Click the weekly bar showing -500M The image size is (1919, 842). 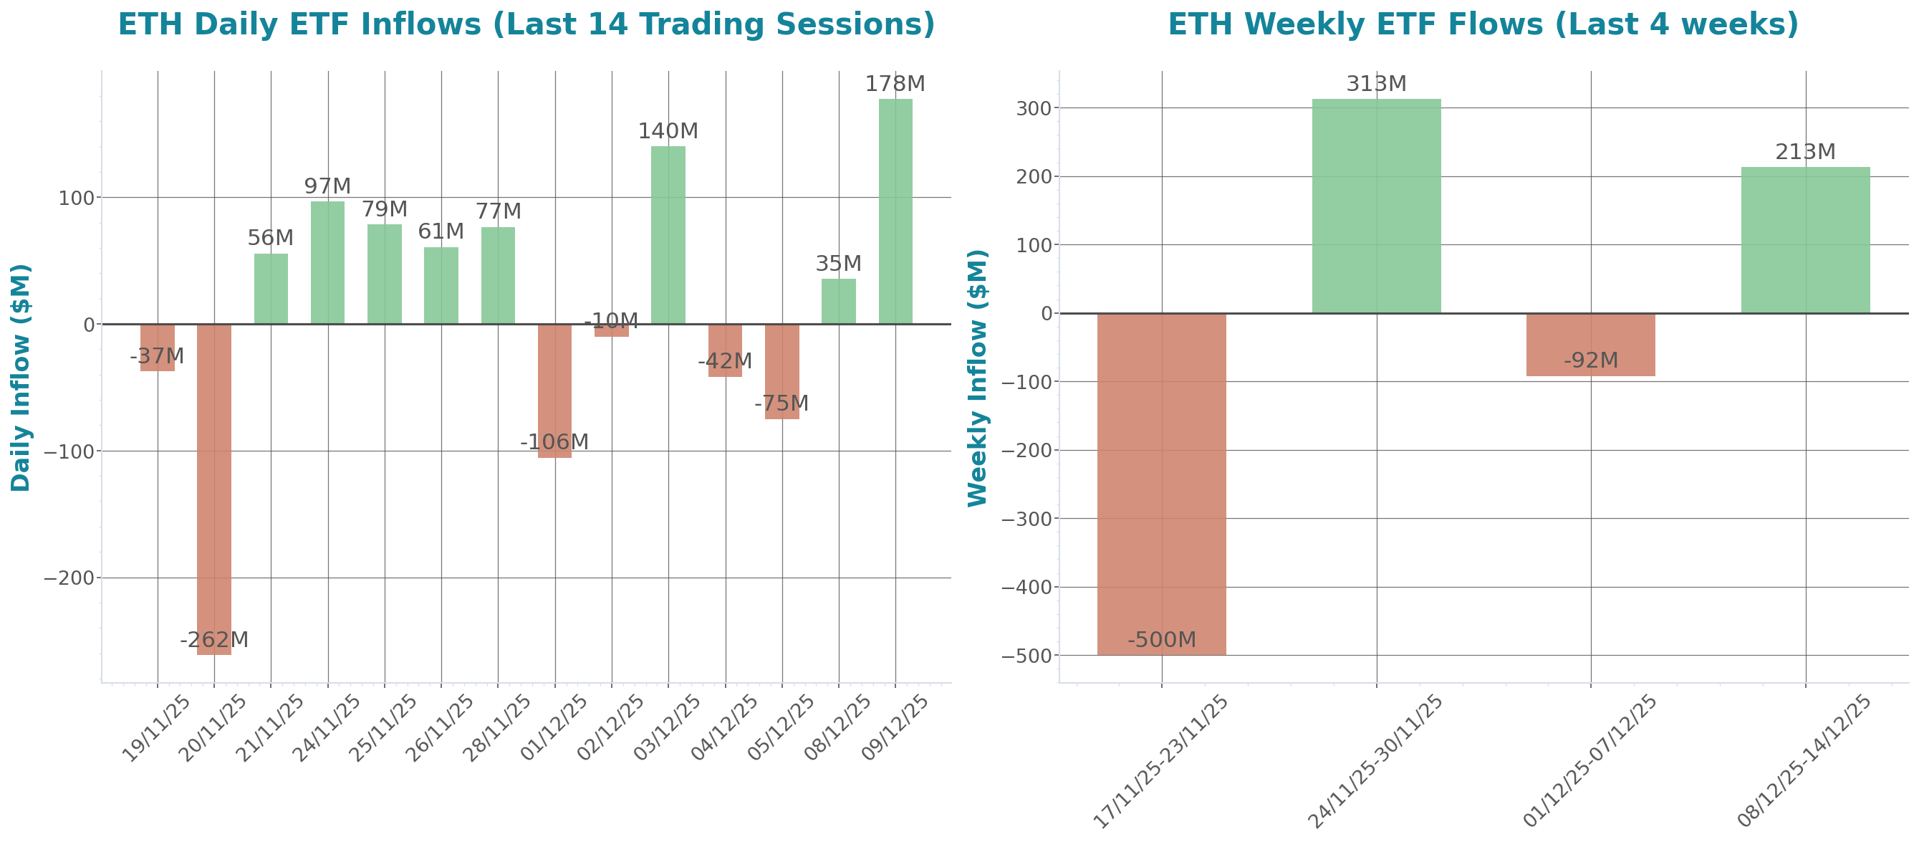click(x=1161, y=484)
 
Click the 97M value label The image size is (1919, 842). click(x=327, y=186)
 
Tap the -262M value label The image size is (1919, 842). click(x=213, y=639)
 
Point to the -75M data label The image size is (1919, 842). click(x=781, y=403)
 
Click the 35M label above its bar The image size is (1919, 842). click(x=838, y=263)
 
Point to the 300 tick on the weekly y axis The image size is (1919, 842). click(x=1033, y=109)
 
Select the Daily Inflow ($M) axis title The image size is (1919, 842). click(x=21, y=377)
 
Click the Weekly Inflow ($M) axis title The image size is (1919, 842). click(x=977, y=377)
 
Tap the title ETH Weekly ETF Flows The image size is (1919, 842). click(x=1483, y=24)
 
